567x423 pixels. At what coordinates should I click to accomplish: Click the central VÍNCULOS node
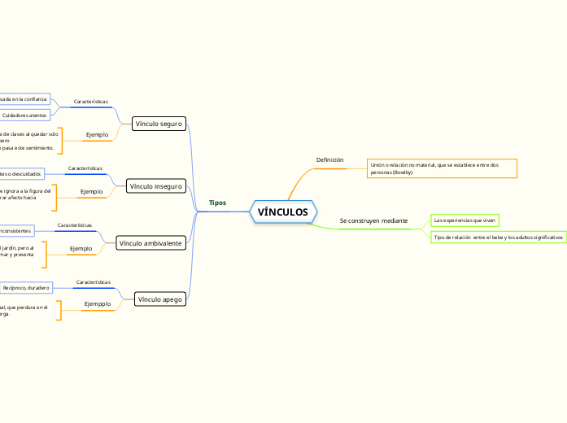283,212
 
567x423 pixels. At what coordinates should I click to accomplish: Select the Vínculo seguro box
159,124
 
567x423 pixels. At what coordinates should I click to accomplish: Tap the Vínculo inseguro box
156,186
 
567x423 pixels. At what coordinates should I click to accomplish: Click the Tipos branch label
217,203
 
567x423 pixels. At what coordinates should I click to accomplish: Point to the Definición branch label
329,159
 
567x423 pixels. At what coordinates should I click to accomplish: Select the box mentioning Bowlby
442,168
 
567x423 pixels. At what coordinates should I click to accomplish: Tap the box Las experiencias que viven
465,220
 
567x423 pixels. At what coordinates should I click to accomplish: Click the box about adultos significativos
498,238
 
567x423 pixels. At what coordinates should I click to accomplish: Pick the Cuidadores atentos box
24,116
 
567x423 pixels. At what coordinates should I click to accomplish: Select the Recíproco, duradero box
26,287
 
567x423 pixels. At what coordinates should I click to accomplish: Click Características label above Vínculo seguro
90,102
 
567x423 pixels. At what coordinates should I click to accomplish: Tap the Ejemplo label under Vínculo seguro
98,133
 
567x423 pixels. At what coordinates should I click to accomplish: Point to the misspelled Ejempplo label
98,304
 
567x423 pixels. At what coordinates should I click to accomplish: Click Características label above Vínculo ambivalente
75,225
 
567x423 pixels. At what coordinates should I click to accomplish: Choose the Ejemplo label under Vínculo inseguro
91,192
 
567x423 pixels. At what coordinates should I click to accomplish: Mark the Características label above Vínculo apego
93,282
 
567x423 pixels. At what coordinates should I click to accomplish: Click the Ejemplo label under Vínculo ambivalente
81,248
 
